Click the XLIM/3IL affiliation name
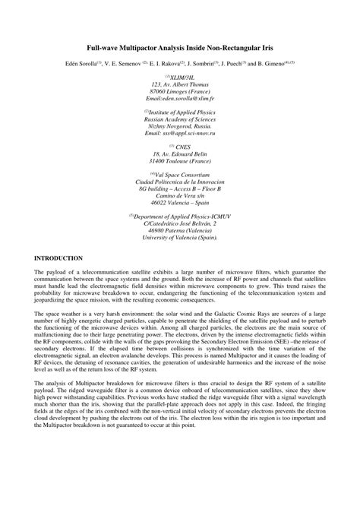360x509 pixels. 182,77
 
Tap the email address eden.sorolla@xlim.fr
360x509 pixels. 179,100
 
